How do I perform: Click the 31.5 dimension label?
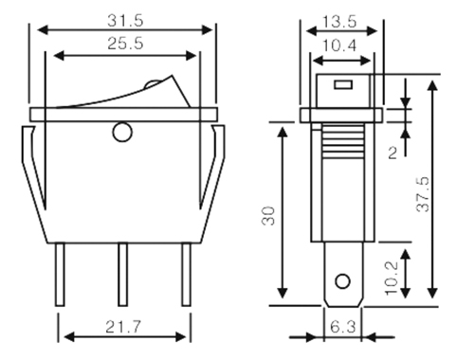(x=125, y=21)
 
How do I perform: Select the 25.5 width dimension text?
(x=125, y=44)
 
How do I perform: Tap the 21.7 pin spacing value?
(x=122, y=327)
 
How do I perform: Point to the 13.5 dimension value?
(x=339, y=22)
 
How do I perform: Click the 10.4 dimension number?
(x=339, y=45)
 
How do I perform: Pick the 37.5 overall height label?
(x=424, y=194)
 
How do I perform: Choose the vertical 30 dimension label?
(x=268, y=216)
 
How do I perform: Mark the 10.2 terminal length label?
(x=392, y=278)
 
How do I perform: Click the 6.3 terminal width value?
(x=342, y=327)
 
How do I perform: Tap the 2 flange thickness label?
(x=392, y=153)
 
